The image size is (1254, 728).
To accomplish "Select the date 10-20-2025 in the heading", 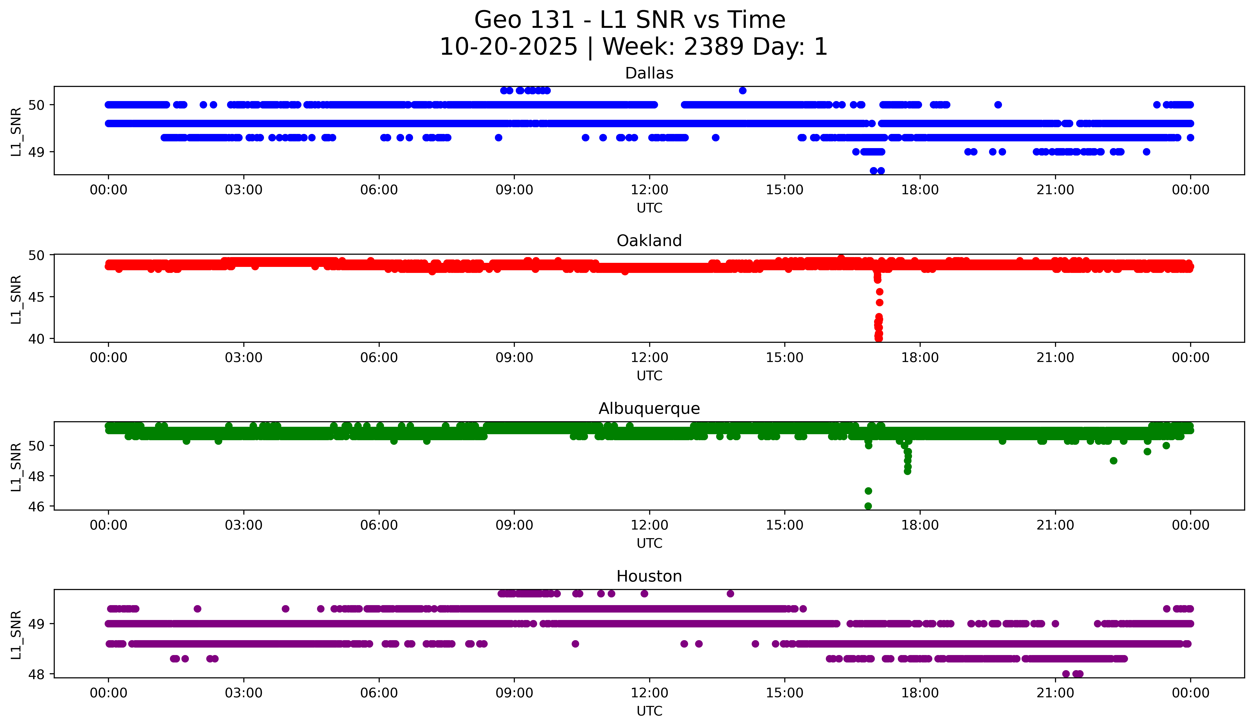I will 509,47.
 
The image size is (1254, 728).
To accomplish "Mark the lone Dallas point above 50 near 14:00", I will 743,90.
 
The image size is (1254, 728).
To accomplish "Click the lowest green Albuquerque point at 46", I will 868,506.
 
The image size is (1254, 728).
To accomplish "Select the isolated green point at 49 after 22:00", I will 1114,461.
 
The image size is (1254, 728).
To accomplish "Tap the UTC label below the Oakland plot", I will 649,376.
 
